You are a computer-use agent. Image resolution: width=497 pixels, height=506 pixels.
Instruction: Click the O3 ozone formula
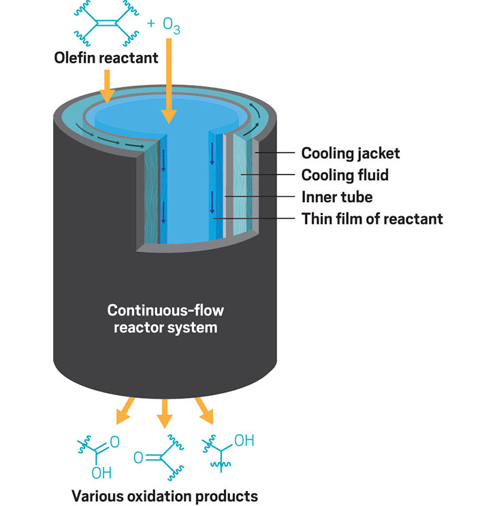click(x=172, y=26)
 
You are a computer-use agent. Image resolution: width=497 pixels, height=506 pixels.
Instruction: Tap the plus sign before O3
click(x=151, y=24)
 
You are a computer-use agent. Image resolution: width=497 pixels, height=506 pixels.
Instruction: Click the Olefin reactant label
click(x=106, y=58)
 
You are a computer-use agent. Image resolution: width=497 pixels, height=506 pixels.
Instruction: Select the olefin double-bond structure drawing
click(x=106, y=23)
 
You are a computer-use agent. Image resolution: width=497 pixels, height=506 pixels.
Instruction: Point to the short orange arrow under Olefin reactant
click(x=108, y=86)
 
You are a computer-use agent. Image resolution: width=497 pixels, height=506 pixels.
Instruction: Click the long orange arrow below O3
click(x=169, y=81)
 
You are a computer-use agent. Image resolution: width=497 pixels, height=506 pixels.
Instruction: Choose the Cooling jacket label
click(x=351, y=154)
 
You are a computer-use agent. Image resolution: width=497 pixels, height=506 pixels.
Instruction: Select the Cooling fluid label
click(x=344, y=175)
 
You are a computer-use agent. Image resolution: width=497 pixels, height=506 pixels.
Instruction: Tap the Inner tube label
click(x=337, y=197)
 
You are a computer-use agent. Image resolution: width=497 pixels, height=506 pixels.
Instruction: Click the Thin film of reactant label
click(x=372, y=219)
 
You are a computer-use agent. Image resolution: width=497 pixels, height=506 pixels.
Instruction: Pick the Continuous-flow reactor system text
click(x=165, y=319)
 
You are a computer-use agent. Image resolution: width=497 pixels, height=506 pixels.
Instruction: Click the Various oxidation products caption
click(x=165, y=496)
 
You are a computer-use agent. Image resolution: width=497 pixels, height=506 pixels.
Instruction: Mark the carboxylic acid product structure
click(x=99, y=456)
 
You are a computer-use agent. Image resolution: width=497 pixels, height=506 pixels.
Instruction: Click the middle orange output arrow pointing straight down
click(x=165, y=414)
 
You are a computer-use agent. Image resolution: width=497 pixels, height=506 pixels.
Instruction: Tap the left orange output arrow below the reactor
click(x=125, y=411)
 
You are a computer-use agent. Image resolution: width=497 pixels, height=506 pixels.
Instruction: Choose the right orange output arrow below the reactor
click(x=204, y=411)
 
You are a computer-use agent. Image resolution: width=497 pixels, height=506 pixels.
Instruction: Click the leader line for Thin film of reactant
click(x=254, y=218)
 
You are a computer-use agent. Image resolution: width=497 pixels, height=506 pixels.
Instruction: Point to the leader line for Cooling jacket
click(x=275, y=152)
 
